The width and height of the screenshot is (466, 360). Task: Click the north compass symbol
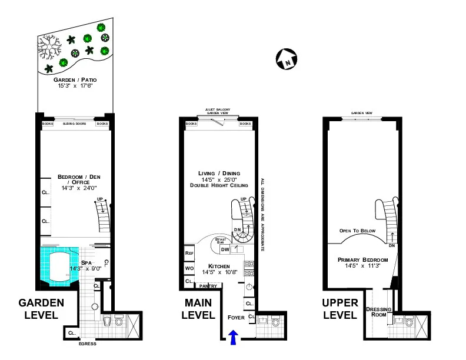point(287,58)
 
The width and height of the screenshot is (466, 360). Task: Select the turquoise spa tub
point(57,266)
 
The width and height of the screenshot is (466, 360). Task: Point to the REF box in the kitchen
point(189,252)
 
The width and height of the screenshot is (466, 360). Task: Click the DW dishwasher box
point(225,249)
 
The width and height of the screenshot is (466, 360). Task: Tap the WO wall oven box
point(189,269)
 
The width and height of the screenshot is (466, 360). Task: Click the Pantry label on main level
point(208,286)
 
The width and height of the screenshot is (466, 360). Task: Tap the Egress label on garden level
point(87,344)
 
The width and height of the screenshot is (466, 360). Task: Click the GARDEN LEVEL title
point(41,309)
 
